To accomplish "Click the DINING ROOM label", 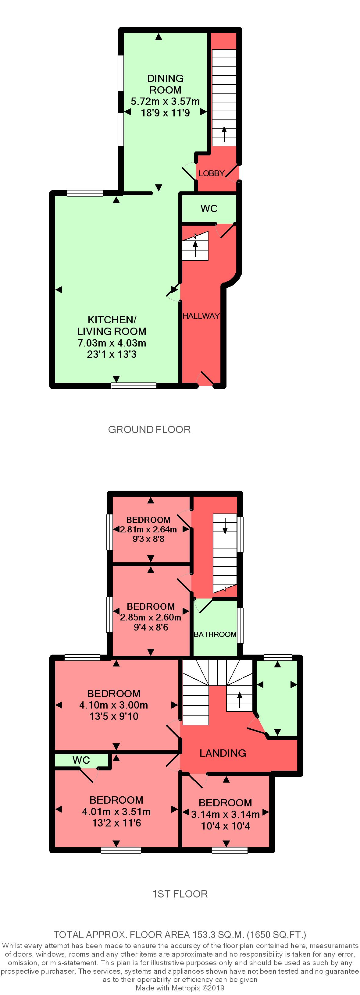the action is pyautogui.click(x=165, y=84).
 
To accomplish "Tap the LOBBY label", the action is pyautogui.click(x=211, y=173).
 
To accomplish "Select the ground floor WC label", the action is pyautogui.click(x=209, y=208).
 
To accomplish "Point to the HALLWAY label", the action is pyautogui.click(x=201, y=316).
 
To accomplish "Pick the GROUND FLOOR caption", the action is pyautogui.click(x=149, y=429).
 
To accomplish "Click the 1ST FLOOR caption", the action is pyautogui.click(x=180, y=894).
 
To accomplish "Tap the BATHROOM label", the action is pyautogui.click(x=215, y=634).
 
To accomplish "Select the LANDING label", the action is pyautogui.click(x=223, y=753).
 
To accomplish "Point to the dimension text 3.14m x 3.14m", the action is pyautogui.click(x=226, y=815).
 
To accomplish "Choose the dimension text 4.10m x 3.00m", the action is pyautogui.click(x=114, y=705).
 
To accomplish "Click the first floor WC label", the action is pyautogui.click(x=81, y=760).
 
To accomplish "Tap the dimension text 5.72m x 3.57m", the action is pyautogui.click(x=165, y=101).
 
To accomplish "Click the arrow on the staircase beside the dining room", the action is pyautogui.click(x=224, y=134).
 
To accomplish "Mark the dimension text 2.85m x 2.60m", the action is pyautogui.click(x=151, y=617).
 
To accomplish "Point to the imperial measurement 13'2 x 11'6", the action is pyautogui.click(x=116, y=823).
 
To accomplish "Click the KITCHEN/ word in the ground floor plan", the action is pyautogui.click(x=112, y=320).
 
